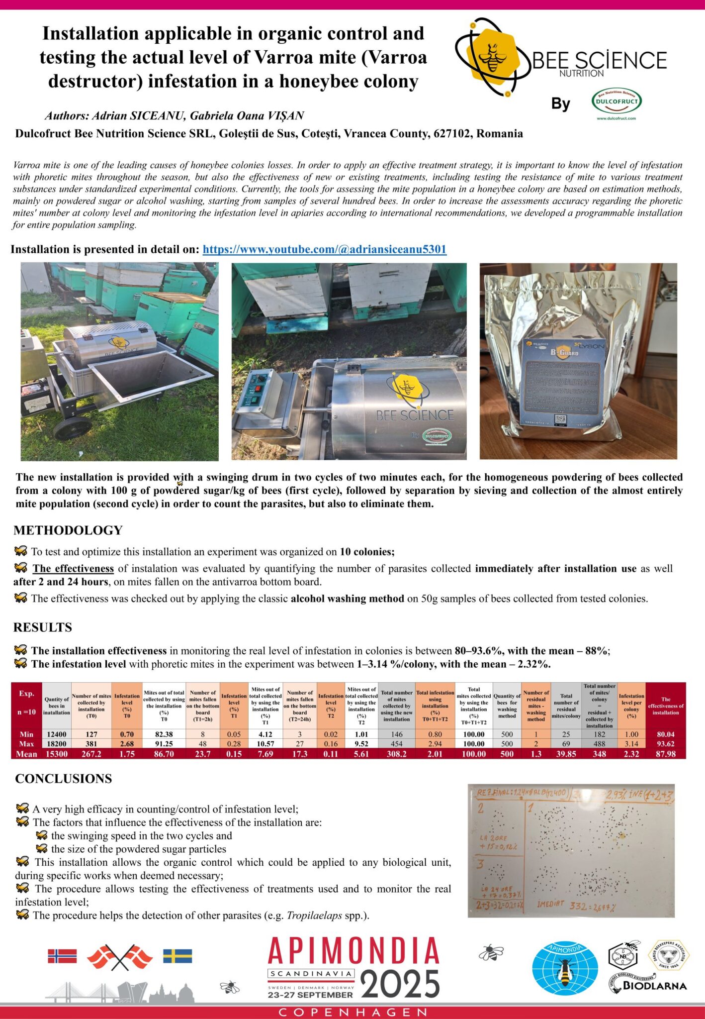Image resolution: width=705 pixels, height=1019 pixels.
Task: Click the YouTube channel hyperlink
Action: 324,249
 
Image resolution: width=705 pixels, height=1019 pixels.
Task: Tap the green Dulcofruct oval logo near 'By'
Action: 617,101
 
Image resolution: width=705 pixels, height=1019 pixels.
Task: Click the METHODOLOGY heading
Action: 68,530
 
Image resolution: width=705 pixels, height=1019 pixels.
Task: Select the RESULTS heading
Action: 43,627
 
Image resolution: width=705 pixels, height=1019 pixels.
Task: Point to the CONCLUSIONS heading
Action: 64,779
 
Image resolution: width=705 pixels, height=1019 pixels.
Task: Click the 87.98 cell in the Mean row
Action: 665,754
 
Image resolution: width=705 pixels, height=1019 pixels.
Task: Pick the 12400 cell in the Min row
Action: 57,734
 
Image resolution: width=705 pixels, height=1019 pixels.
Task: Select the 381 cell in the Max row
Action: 91,744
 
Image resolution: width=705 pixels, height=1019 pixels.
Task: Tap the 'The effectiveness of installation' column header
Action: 665,706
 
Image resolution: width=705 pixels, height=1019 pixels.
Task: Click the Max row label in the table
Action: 26,744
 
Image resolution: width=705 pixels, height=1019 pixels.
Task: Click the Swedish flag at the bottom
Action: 177,956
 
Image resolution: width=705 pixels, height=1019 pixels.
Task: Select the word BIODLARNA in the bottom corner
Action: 655,986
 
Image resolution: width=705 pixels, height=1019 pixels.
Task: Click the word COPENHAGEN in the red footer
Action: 352,1012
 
